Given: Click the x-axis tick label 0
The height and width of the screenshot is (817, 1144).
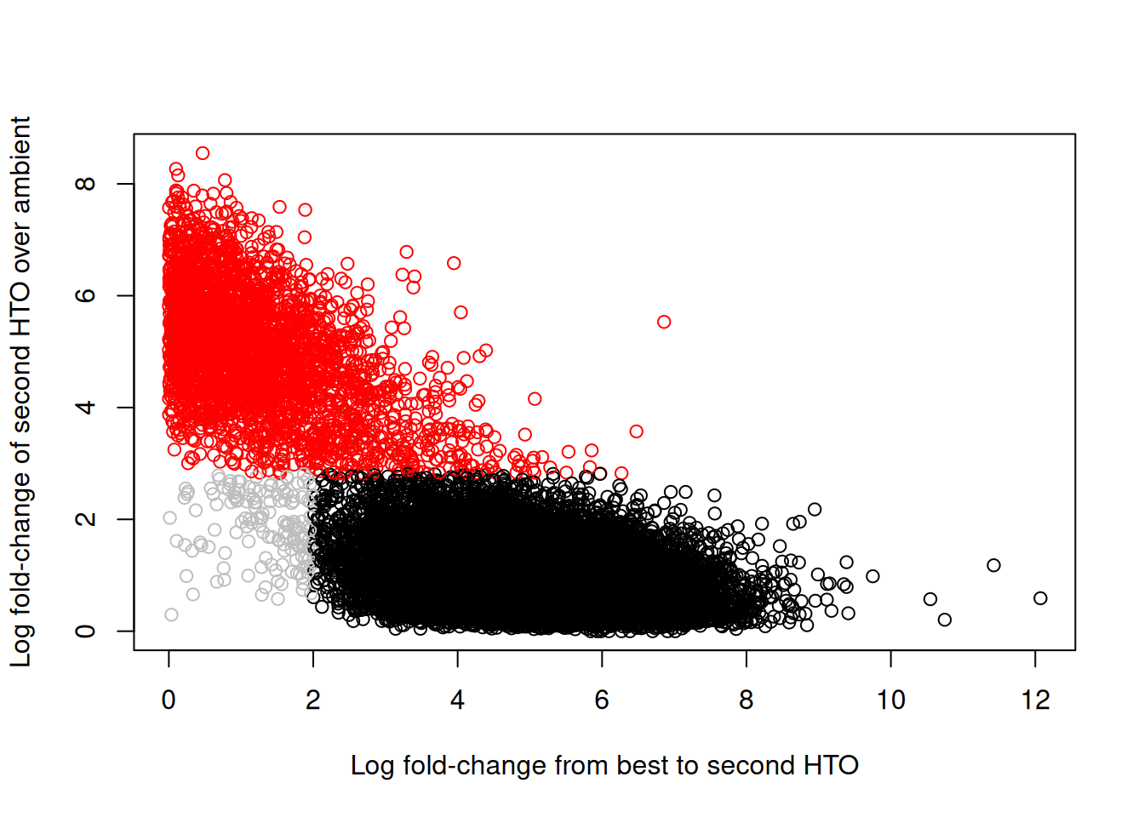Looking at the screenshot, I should pyautogui.click(x=169, y=700).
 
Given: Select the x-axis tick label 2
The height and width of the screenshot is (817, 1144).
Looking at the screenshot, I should pyautogui.click(x=313, y=700).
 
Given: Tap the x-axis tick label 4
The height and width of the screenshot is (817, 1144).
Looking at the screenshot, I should pyautogui.click(x=457, y=700).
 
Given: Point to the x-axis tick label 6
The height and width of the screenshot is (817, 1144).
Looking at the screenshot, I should pyautogui.click(x=602, y=700).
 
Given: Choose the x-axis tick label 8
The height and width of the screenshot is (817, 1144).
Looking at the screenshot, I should pyautogui.click(x=746, y=700).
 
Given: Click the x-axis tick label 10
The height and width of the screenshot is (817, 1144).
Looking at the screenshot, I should pyautogui.click(x=890, y=700).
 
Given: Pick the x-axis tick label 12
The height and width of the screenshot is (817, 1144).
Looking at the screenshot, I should pyautogui.click(x=1035, y=700).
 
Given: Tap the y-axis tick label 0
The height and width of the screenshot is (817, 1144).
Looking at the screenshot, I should pyautogui.click(x=85, y=631).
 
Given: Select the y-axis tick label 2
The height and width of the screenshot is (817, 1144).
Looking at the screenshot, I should pyautogui.click(x=85, y=519).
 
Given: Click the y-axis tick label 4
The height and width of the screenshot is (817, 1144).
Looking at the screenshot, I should pyautogui.click(x=85, y=407).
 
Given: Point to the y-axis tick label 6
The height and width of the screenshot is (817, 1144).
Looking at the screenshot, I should pyautogui.click(x=85, y=295).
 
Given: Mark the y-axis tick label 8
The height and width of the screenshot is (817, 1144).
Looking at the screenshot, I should pyautogui.click(x=85, y=184).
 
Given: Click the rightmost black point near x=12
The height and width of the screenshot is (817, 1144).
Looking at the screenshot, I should pyautogui.click(x=1040, y=598).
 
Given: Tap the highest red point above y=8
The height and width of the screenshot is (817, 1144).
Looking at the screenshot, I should pyautogui.click(x=203, y=153).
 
